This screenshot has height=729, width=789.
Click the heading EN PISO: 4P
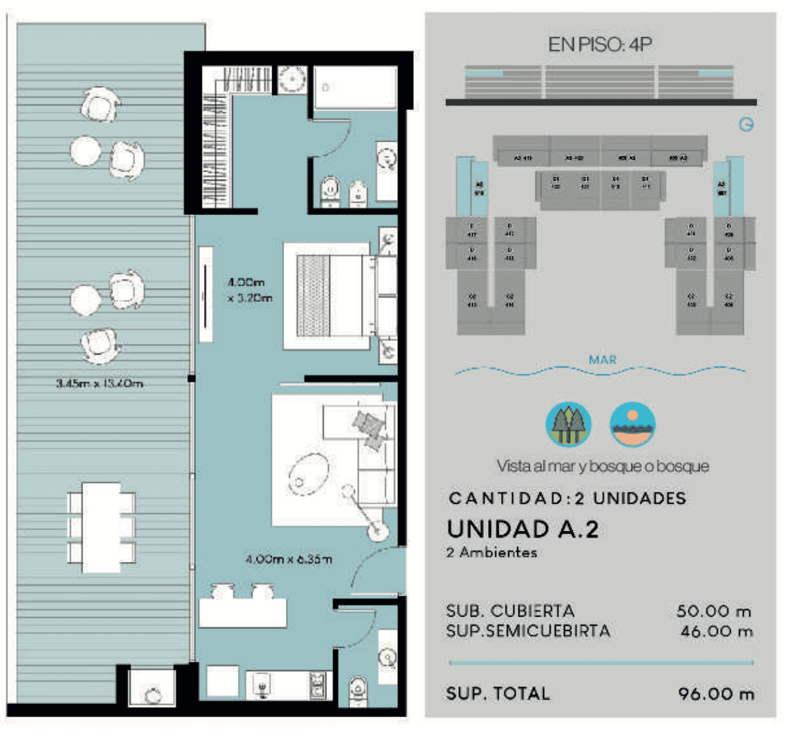[x=600, y=45]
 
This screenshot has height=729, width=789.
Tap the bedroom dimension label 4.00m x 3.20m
[x=250, y=290]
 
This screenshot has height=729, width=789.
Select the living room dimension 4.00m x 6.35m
[x=289, y=559]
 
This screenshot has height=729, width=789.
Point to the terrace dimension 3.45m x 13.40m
[x=99, y=383]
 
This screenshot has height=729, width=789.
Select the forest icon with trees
[x=569, y=424]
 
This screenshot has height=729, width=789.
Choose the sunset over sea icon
[x=632, y=424]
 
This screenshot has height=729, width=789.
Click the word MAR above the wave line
[x=602, y=360]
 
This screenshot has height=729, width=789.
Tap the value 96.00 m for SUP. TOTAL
[x=716, y=693]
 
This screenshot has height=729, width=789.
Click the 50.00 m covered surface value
[x=714, y=611]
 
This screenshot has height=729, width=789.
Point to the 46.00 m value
[x=715, y=632]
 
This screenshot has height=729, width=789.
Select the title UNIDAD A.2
[x=523, y=529]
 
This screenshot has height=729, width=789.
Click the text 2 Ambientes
[x=491, y=553]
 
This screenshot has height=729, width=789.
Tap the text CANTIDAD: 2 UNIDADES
[x=567, y=498]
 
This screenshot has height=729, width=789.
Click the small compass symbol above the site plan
[x=746, y=124]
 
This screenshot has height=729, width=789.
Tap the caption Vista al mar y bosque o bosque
[x=602, y=466]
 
